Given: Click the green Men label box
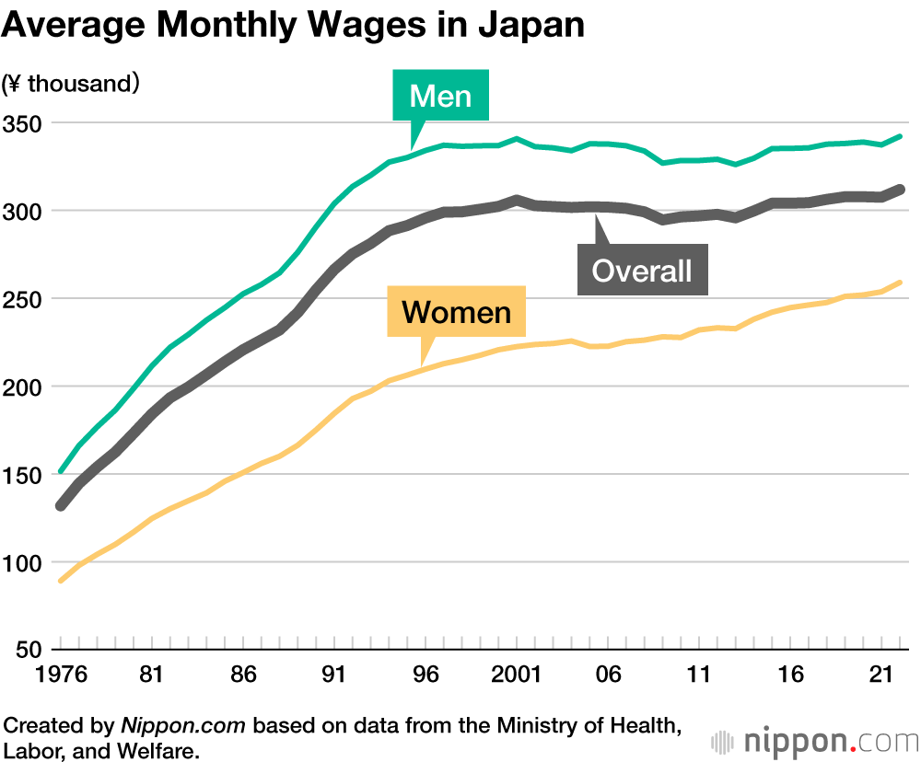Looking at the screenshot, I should pos(440,96).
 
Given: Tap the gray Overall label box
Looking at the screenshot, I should pos(642,270).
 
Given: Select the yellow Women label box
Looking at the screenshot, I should pos(456,312).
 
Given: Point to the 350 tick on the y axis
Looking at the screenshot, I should pos(24,123).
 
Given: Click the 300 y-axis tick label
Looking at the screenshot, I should pos(24,211).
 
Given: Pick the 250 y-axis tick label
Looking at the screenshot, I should pos(24,299).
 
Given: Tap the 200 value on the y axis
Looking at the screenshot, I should pos(24,387).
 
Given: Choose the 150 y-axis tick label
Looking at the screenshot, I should pos(24,475).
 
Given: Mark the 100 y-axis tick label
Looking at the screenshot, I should pos(24,562).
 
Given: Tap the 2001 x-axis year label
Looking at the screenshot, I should pos(515,675).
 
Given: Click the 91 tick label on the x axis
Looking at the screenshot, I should pos(333,675).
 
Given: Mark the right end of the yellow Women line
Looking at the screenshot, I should pos(899,283).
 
